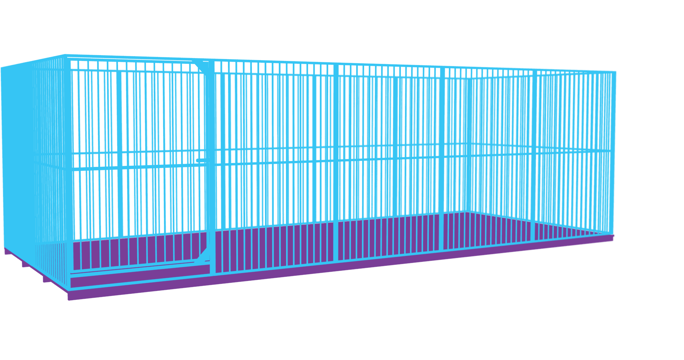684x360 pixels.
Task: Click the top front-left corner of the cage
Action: click(x=66, y=55)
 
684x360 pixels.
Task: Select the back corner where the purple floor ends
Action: click(x=465, y=213)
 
